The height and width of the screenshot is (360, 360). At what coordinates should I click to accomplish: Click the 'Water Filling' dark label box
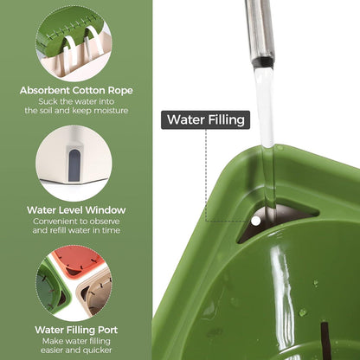(x=205, y=119)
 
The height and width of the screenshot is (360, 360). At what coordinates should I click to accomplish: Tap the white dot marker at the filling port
(x=255, y=222)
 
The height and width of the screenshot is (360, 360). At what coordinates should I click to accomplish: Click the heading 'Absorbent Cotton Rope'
(x=76, y=90)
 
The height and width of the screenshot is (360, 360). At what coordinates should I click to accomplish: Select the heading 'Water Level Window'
(x=76, y=210)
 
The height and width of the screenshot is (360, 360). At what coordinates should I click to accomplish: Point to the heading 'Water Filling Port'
(x=76, y=330)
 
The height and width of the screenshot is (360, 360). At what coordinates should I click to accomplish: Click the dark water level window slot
(x=74, y=165)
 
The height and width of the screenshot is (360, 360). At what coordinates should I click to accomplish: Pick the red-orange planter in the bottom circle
(x=80, y=261)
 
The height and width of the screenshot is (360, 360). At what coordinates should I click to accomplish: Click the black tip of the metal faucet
(x=263, y=62)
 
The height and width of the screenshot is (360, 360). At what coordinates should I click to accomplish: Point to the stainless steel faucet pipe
(x=260, y=30)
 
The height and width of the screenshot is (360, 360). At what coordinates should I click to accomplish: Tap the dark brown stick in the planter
(x=326, y=340)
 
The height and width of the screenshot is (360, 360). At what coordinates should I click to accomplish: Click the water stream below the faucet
(x=265, y=136)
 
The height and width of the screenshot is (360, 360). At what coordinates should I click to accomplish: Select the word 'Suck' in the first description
(x=47, y=102)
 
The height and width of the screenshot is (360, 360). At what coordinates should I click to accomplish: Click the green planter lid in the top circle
(x=69, y=30)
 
